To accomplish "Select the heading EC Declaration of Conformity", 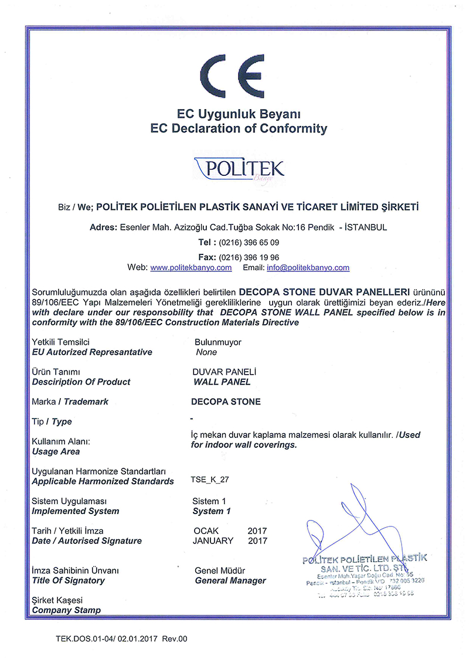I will [238, 128].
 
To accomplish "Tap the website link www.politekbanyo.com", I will [191, 267].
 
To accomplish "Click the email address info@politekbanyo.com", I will [308, 267].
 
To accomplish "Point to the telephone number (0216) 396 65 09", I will [249, 242].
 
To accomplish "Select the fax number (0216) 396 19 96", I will [249, 257].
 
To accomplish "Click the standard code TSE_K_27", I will [209, 479].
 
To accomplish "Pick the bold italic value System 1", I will [212, 511].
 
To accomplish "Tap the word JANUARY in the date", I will [213, 540].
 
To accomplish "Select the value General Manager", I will [230, 580].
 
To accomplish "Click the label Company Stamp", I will [66, 610].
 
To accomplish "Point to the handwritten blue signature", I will [352, 522].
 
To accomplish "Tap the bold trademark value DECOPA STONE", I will [226, 402].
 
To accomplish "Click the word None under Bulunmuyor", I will [206, 352].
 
